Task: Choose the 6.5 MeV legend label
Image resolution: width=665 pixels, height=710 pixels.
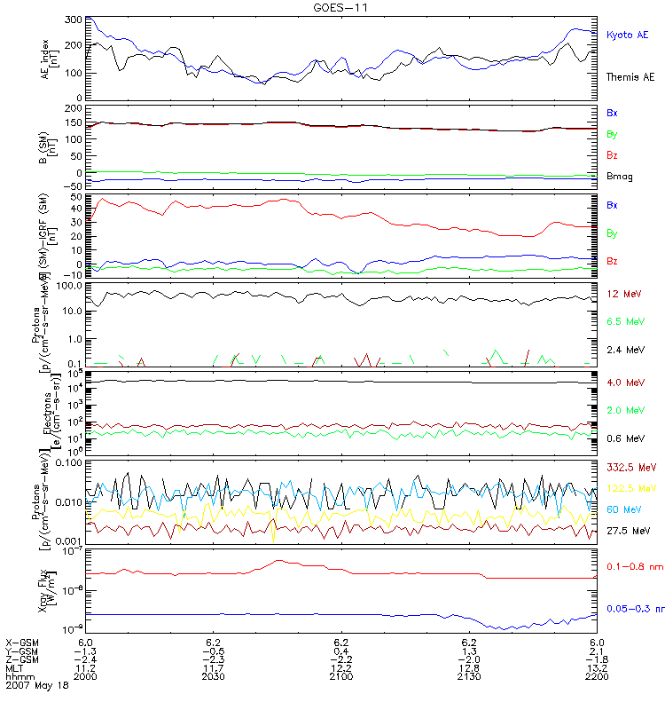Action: (625, 321)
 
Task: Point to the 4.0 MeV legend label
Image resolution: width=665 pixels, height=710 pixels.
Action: (625, 383)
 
